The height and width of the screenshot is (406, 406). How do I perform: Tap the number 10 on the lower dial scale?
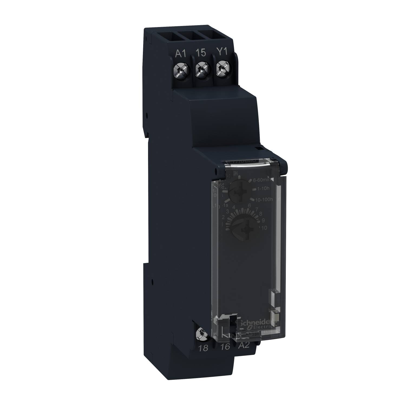pyautogui.click(x=263, y=228)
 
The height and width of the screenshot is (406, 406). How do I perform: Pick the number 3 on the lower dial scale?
pyautogui.click(x=228, y=211)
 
